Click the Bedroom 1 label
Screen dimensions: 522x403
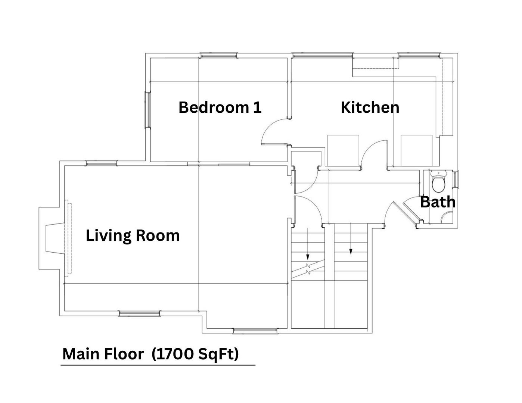(x=220, y=107)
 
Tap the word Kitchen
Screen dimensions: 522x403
(x=370, y=107)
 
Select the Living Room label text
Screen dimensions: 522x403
(x=133, y=235)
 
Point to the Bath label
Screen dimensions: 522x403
(x=438, y=202)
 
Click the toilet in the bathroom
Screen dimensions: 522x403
(x=438, y=181)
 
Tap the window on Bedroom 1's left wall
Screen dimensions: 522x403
(x=148, y=110)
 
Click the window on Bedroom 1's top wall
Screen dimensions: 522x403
(x=218, y=55)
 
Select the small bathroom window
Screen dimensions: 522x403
(x=456, y=179)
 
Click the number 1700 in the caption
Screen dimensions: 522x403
(x=175, y=354)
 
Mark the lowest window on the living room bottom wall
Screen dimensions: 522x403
(x=255, y=331)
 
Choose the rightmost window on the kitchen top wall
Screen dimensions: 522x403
(x=419, y=55)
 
